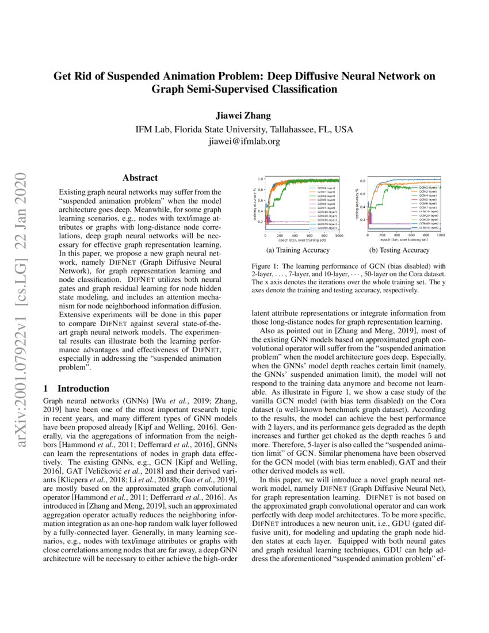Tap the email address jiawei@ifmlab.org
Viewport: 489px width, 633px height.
[x=244, y=141]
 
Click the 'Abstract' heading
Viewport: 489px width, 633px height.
[x=140, y=178]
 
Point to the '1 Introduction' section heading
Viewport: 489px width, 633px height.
[x=77, y=388]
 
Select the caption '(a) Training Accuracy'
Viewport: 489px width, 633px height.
[x=298, y=250]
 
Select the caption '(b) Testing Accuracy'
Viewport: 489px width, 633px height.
[x=399, y=250]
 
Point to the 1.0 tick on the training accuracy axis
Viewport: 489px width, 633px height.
[x=261, y=179]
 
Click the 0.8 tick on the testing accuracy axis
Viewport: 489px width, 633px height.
[x=362, y=181]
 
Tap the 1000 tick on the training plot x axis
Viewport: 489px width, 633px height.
[x=339, y=236]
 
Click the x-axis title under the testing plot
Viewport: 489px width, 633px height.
[x=404, y=241]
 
